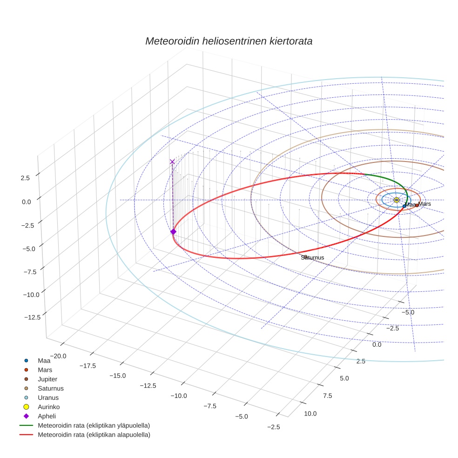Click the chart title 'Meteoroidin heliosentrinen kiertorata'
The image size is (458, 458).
tap(229, 41)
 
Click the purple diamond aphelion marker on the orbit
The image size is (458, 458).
tap(173, 232)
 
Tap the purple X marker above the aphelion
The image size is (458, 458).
tap(172, 162)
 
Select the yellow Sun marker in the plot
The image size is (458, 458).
tap(396, 200)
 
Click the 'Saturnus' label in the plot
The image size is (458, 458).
tap(312, 257)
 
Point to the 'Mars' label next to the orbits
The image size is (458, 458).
tap(424, 204)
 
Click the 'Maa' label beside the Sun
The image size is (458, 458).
tap(410, 205)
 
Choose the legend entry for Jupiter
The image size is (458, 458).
tap(48, 379)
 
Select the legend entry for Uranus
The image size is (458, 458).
tap(48, 397)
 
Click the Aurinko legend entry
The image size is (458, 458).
tap(49, 407)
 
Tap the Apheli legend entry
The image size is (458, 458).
tap(47, 416)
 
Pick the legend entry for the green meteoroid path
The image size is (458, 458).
tap(94, 425)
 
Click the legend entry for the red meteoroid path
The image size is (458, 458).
tap(94, 435)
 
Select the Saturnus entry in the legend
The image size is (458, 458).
tap(51, 388)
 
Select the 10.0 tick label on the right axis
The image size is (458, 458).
tap(310, 413)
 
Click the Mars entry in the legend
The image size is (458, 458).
tap(45, 370)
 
